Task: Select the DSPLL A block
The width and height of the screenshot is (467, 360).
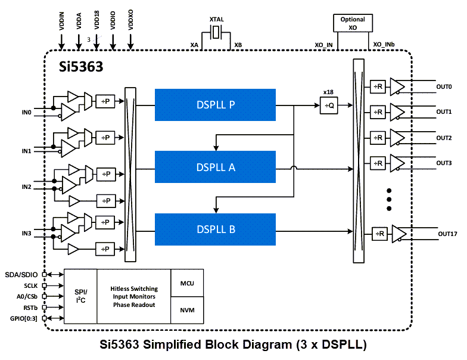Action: tap(215, 167)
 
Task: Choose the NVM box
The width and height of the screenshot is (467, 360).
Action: tap(187, 310)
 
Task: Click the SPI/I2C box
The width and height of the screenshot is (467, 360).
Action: tap(80, 296)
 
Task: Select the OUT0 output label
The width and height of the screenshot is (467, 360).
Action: tap(444, 87)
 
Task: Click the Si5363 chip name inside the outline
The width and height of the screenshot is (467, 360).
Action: tap(80, 67)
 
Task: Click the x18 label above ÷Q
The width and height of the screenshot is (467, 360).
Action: tap(328, 92)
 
